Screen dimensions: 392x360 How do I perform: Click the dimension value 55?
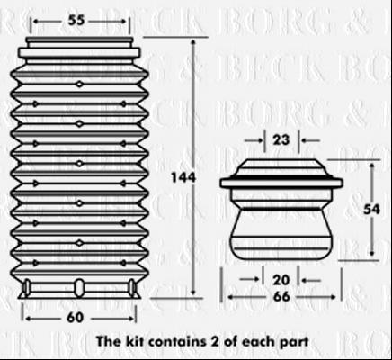(76, 21)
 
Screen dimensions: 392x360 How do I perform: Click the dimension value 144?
(183, 177)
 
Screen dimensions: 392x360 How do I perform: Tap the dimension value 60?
(75, 318)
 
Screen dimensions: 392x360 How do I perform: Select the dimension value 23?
(281, 140)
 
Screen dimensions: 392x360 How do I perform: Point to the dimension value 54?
(371, 209)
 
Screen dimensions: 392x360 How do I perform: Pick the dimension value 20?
(281, 280)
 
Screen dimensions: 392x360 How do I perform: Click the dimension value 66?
(281, 297)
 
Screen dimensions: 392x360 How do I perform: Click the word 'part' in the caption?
(294, 342)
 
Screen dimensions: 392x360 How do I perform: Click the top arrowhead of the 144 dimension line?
(193, 42)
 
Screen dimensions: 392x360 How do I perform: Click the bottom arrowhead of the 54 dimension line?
(372, 253)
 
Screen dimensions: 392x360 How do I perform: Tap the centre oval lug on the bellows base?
(79, 288)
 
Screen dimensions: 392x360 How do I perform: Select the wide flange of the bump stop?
(281, 183)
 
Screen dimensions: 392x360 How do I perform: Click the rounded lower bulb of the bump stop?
(281, 234)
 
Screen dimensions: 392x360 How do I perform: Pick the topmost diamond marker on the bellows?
(79, 85)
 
